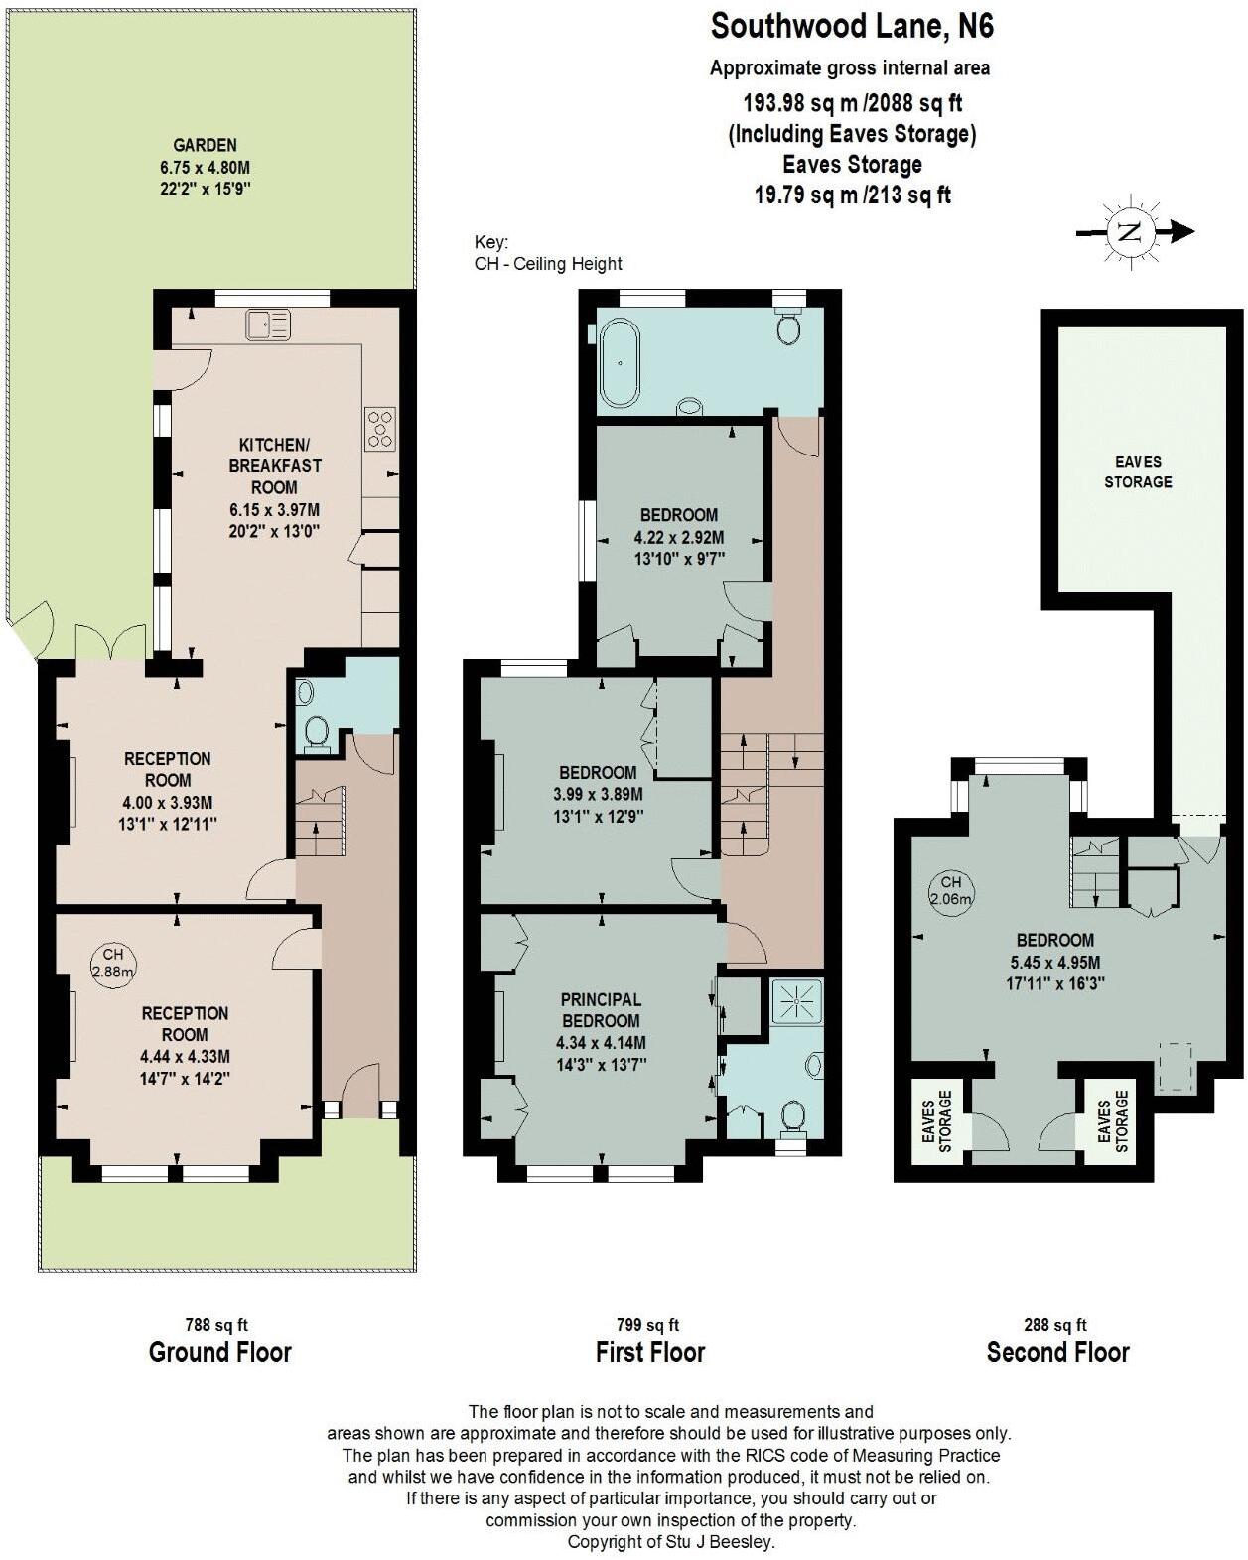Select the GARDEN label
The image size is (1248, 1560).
(x=206, y=145)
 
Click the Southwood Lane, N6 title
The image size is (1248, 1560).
(x=852, y=27)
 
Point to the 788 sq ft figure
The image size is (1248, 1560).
(x=216, y=1324)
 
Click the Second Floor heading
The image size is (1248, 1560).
(x=1057, y=1352)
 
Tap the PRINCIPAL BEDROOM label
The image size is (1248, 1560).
(x=601, y=1010)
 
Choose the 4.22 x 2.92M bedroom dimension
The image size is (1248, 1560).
(x=679, y=537)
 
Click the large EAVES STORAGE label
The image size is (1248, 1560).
(x=1138, y=471)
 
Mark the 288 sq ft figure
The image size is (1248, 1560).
(x=1055, y=1324)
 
